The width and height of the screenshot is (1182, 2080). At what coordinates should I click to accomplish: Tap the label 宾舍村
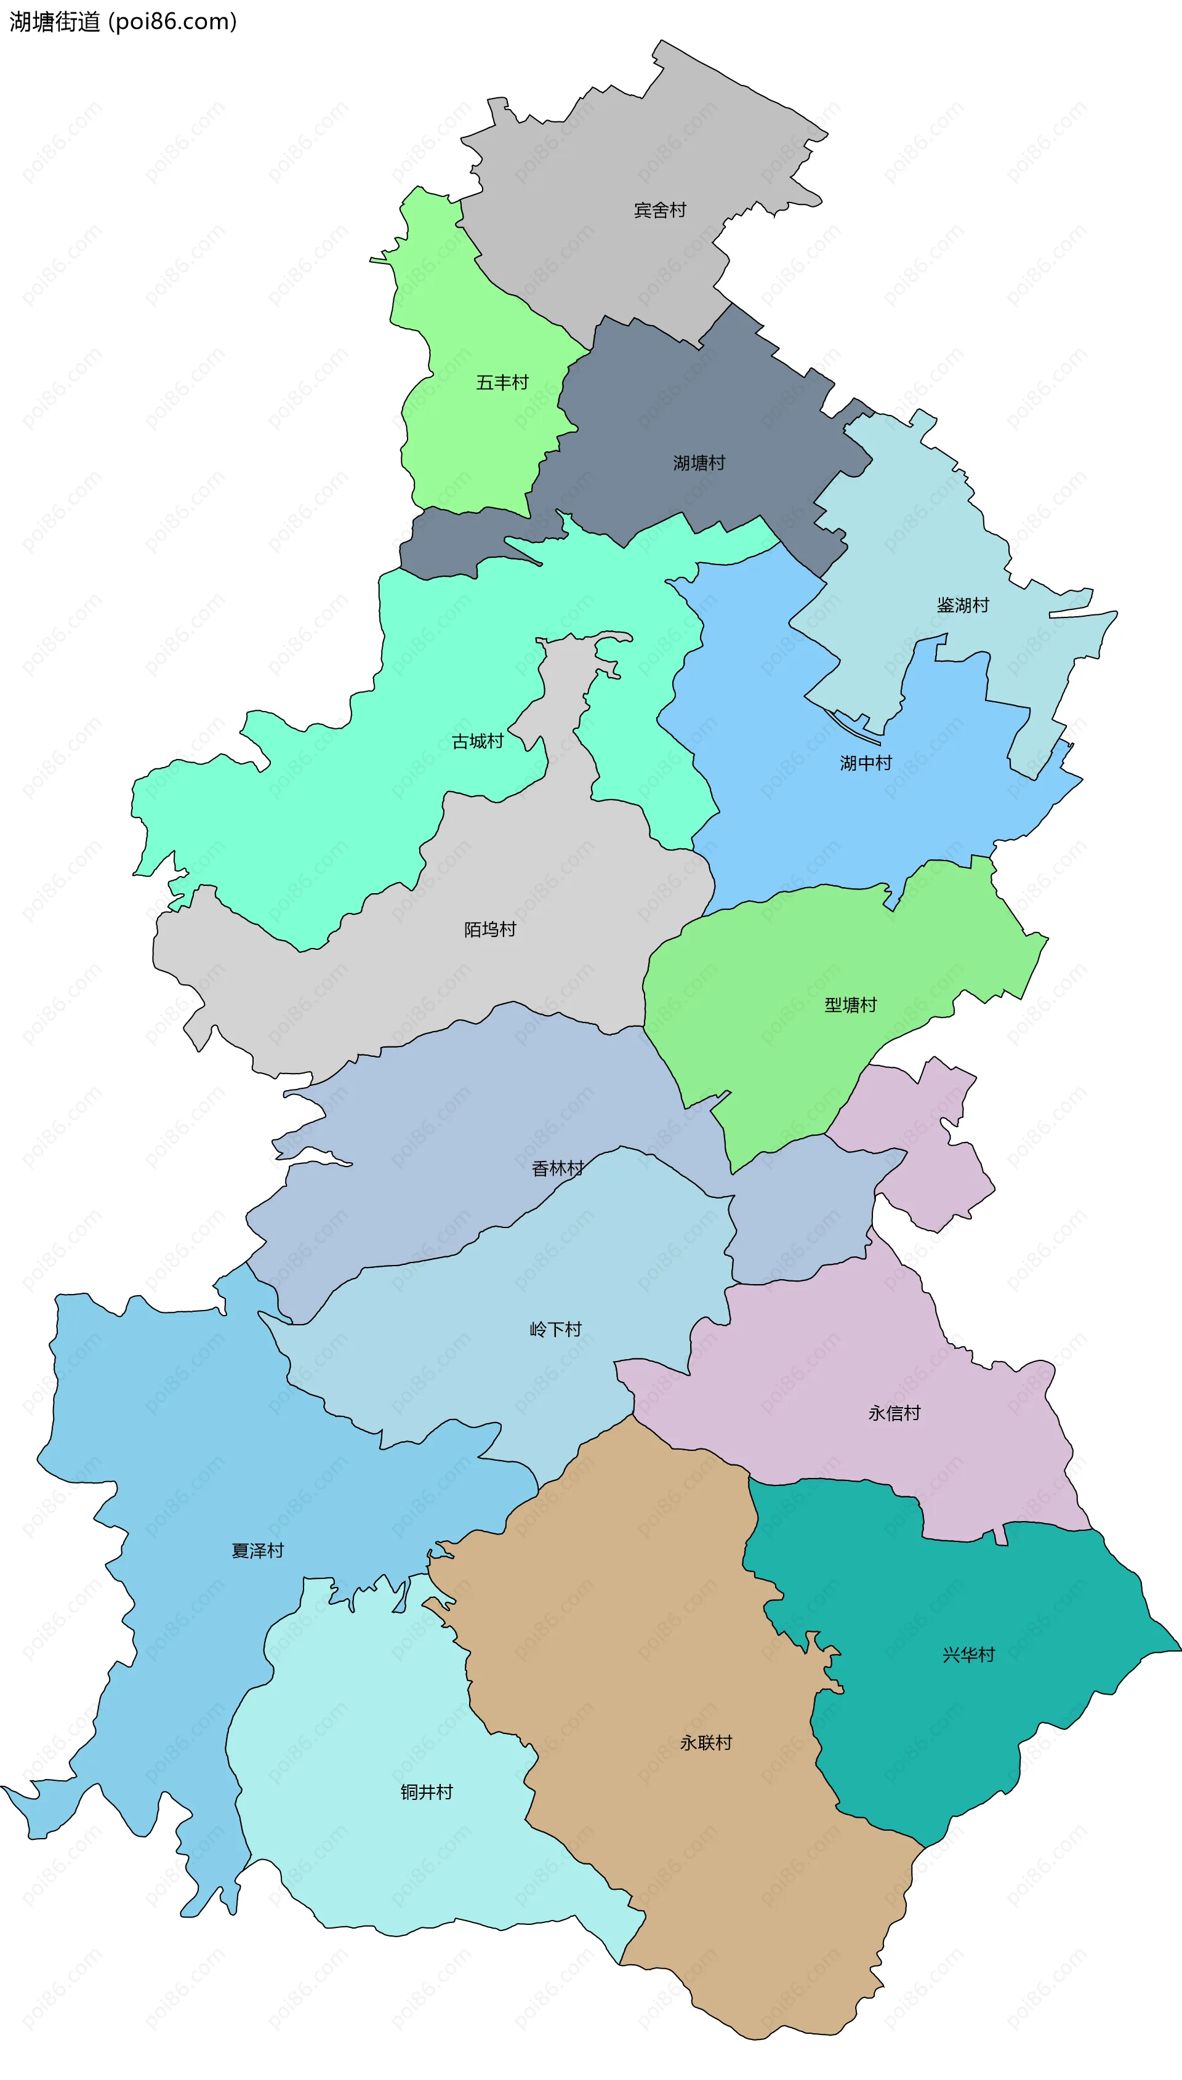(660, 210)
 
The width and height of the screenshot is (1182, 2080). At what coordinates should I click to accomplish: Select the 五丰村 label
(502, 382)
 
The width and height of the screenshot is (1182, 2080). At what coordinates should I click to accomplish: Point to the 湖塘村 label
(699, 462)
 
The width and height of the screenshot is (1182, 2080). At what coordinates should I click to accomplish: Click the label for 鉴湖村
(963, 604)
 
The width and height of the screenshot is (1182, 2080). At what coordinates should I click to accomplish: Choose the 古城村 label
(477, 741)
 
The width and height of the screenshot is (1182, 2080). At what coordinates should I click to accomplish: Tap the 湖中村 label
(866, 763)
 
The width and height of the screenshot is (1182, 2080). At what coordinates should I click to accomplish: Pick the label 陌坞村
(489, 930)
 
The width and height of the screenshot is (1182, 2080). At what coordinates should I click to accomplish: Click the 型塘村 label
(851, 1005)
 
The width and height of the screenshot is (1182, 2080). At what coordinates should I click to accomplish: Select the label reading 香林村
(558, 1168)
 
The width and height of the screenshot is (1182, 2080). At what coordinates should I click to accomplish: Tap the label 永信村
(894, 1413)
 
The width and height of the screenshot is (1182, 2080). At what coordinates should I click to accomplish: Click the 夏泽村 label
(257, 1551)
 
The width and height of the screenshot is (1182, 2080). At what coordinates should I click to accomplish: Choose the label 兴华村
(968, 1655)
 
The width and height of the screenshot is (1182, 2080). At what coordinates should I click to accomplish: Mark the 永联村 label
(706, 1743)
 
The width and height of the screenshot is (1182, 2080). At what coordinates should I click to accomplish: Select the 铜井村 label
(426, 1792)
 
